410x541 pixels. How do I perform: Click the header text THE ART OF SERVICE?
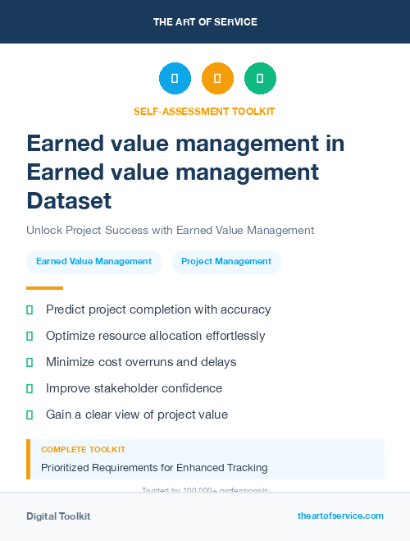click(x=205, y=22)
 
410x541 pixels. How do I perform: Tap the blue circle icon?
click(x=175, y=79)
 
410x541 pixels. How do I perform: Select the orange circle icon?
click(x=217, y=79)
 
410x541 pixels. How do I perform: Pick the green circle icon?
click(x=260, y=79)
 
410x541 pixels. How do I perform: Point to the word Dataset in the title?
click(x=69, y=200)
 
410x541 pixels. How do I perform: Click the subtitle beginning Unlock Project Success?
click(x=170, y=231)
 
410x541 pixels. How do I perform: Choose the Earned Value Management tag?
click(x=93, y=262)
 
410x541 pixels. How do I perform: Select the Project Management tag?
click(x=226, y=262)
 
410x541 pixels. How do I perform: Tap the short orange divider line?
click(x=44, y=288)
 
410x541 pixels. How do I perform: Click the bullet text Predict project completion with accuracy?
click(x=158, y=309)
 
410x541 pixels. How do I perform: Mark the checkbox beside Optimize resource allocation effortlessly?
click(x=30, y=336)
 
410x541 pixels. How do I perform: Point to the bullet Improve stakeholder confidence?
click(x=134, y=388)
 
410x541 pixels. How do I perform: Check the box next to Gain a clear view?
click(x=30, y=415)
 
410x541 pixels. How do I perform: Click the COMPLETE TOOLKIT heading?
click(x=83, y=450)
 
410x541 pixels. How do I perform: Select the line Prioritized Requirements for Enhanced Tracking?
click(x=154, y=468)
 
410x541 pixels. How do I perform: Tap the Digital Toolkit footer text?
click(x=58, y=516)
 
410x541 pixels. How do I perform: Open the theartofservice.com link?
click(x=340, y=516)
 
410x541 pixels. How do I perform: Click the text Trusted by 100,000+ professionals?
click(x=204, y=490)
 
